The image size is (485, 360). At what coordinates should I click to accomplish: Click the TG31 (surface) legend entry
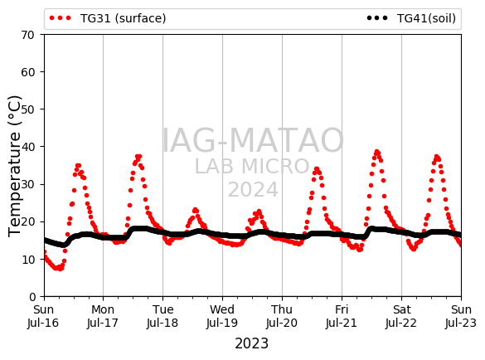pos(108,18)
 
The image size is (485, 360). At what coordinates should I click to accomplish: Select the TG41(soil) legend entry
pos(411,18)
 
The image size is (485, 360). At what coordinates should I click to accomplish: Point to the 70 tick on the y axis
pos(27,35)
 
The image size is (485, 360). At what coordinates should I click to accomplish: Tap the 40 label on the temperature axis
pos(27,147)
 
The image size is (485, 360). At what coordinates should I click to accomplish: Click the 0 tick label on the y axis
pos(32,297)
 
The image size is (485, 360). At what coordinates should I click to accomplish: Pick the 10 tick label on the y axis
pos(27,260)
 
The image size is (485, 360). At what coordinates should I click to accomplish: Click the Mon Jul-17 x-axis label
pos(103,316)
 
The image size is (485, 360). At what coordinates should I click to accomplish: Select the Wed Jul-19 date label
pos(222,316)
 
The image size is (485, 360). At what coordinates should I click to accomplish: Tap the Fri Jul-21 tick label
pos(342,316)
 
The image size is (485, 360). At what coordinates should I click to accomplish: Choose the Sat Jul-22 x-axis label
pos(401,316)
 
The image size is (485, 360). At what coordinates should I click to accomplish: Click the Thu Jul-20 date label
pos(282,316)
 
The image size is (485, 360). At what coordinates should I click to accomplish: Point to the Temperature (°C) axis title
pos(15,166)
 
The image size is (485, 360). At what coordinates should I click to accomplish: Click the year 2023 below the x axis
pos(252,343)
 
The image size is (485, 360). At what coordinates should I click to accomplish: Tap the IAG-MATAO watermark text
pos(253,140)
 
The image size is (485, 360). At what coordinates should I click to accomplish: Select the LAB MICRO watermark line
pos(252,166)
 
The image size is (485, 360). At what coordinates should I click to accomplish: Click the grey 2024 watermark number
pos(254,189)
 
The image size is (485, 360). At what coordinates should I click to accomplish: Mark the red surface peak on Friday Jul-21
pos(376,152)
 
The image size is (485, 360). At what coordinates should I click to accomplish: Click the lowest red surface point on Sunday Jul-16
pos(59,268)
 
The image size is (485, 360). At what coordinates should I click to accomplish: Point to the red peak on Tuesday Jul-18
pos(195,210)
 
